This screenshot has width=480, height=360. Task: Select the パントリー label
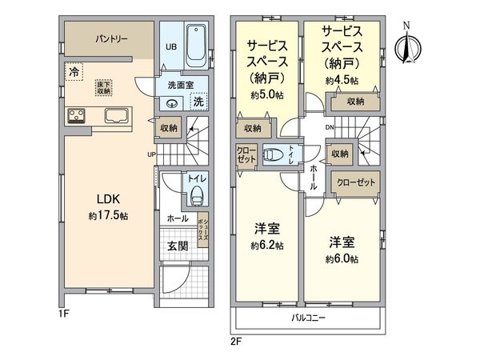[x=111, y=38]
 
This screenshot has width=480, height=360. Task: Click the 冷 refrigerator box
[x=74, y=71]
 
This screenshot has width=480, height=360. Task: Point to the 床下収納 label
[x=104, y=88]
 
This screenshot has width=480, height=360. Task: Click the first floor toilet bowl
[x=195, y=195]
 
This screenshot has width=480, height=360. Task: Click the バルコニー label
[x=307, y=318]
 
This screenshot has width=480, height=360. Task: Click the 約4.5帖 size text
[x=341, y=81]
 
